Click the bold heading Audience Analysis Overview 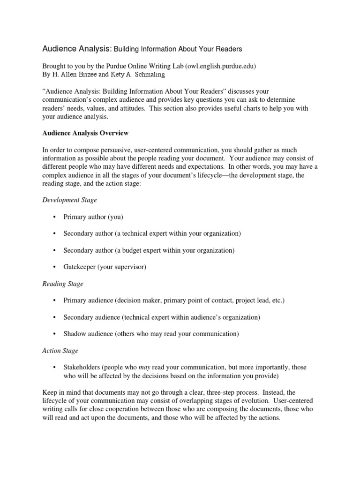(85, 133)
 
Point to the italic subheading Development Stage (70, 200)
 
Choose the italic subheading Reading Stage (63, 284)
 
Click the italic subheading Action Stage (60, 351)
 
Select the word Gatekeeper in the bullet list (79, 267)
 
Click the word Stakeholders (82, 367)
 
